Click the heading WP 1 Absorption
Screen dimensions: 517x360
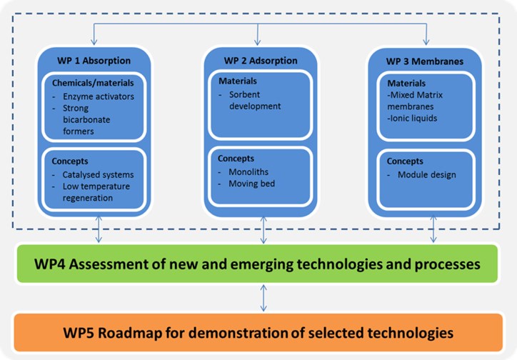tap(94, 61)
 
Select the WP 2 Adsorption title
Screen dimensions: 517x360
tap(261, 61)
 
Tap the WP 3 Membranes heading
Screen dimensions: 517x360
tap(425, 61)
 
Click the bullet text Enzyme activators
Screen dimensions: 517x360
tap(99, 96)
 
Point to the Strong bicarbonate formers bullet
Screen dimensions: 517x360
tap(86, 120)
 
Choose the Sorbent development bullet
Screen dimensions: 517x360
tap(255, 100)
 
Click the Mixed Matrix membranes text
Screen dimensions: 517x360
tap(415, 101)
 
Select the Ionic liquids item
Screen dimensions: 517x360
tap(412, 119)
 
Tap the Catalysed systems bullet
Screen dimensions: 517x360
tap(98, 175)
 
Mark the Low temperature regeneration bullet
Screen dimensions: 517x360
tap(96, 192)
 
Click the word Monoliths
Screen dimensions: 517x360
tap(249, 172)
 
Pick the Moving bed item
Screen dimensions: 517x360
tap(251, 184)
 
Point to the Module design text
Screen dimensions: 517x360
tap(426, 175)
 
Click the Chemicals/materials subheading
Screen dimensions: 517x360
tap(93, 83)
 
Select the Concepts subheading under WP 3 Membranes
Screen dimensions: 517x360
tap(405, 161)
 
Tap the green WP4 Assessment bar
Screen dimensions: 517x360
tap(257, 264)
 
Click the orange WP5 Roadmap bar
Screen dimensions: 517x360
tap(258, 332)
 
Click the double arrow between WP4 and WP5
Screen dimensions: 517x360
tap(263, 298)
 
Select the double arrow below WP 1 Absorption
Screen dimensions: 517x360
tap(99, 229)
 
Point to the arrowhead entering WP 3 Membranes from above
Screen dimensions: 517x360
tap(426, 42)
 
